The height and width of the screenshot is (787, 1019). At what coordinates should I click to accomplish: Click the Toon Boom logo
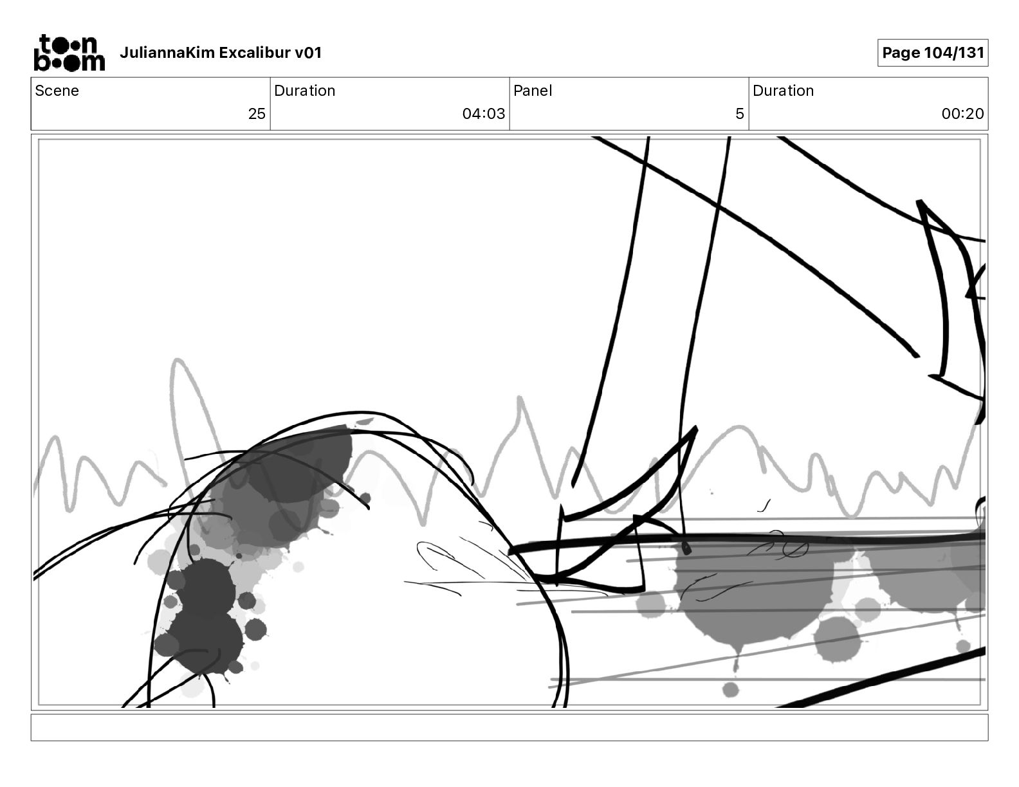click(x=69, y=53)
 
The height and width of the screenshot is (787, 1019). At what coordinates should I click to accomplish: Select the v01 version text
click(x=308, y=53)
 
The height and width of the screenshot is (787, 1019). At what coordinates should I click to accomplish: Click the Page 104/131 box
click(x=933, y=53)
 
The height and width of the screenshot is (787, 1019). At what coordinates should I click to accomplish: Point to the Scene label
click(x=57, y=91)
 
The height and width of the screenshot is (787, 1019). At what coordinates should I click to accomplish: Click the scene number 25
click(x=257, y=113)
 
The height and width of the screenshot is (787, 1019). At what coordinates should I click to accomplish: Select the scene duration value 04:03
click(x=484, y=113)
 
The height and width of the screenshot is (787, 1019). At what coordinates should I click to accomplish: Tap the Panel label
click(x=533, y=91)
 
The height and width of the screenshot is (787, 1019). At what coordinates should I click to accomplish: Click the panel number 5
click(x=740, y=113)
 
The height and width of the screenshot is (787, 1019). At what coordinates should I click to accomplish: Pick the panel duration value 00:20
click(x=963, y=113)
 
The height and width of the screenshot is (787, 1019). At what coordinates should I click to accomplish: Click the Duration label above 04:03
click(x=305, y=91)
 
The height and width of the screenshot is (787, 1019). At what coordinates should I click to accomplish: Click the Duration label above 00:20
click(x=783, y=91)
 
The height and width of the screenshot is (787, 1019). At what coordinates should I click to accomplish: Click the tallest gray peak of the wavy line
click(x=178, y=360)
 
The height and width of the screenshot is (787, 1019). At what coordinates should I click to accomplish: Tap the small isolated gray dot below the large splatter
click(x=731, y=690)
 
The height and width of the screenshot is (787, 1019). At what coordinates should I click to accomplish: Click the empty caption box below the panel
click(x=509, y=727)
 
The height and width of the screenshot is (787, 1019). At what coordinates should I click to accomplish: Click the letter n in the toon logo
click(x=89, y=44)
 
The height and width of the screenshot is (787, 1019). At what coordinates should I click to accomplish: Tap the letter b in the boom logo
click(x=42, y=61)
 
